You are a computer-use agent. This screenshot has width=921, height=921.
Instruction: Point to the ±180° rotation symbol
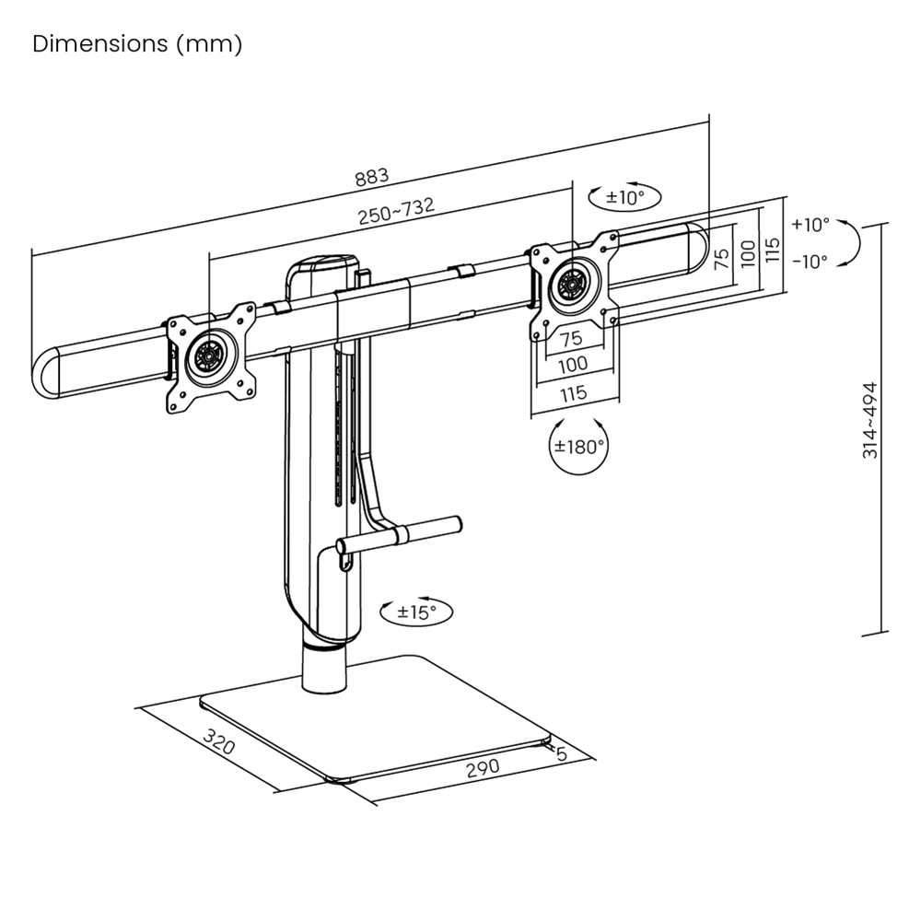579,447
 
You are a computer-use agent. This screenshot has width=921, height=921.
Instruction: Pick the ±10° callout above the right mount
626,196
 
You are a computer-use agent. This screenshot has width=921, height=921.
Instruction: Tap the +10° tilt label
810,224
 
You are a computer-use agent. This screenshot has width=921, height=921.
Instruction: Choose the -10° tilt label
810,261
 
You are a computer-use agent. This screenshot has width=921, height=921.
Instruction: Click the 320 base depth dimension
218,742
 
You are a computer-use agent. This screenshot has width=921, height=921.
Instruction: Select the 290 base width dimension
482,767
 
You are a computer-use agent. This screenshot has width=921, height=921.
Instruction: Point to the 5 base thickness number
561,753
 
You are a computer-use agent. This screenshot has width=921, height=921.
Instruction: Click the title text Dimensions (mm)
137,45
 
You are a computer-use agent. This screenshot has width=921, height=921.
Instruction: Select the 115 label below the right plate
573,393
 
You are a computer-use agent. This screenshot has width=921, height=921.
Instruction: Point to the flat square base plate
387,718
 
